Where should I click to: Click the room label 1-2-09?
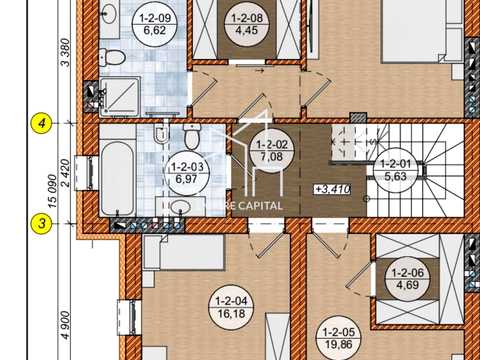pos(155,24)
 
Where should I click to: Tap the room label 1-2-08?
pos(247,24)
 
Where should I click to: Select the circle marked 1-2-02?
pos(272,150)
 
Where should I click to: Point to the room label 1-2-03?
pos(187,173)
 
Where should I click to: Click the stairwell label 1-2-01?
pos(395,170)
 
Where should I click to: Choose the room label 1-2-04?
pos(231,307)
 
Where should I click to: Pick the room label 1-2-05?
pos(338,338)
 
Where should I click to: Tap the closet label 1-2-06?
pos(407,279)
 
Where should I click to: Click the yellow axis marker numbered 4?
pos(41,124)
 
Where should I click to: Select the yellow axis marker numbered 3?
pos(41,223)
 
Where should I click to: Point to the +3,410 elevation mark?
pos(333,189)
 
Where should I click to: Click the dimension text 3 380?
pos(66,53)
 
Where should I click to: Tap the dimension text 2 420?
pos(66,173)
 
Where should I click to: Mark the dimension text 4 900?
pos(66,325)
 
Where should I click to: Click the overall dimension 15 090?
pos(52,191)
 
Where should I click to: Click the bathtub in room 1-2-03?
pos(118,178)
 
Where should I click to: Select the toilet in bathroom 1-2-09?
pos(112,57)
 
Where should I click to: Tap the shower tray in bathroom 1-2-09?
pos(120,97)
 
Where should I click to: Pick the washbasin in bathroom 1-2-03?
pos(180,207)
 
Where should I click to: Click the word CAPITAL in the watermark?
pos(260,206)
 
